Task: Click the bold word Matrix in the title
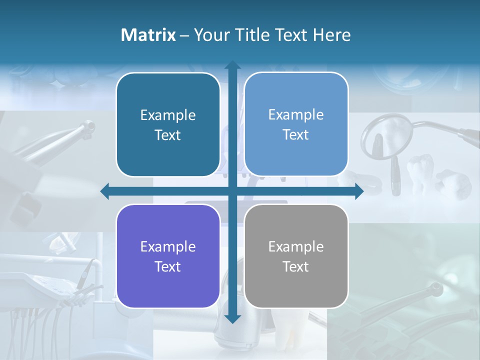(x=148, y=35)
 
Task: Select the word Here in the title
(x=332, y=35)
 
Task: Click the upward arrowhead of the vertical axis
(x=232, y=65)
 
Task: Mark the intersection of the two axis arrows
(x=232, y=191)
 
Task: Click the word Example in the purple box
(x=168, y=247)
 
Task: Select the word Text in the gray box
(x=296, y=267)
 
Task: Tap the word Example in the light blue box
(x=296, y=115)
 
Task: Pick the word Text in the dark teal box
(x=168, y=135)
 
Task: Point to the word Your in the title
(x=211, y=35)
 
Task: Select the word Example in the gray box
(x=296, y=247)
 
